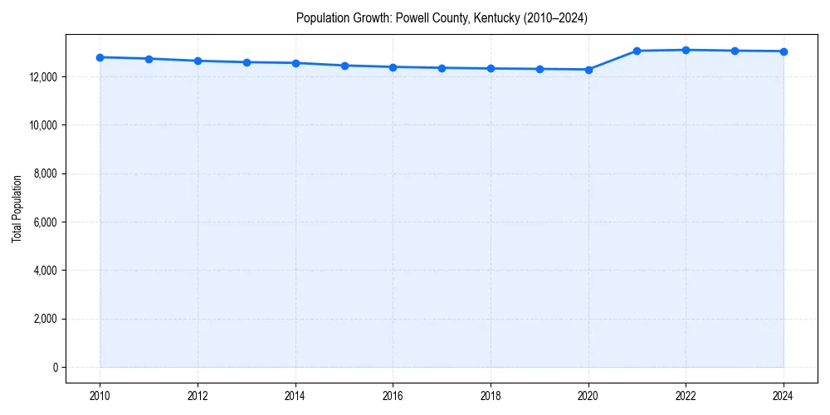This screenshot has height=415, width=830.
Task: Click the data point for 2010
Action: tap(100, 57)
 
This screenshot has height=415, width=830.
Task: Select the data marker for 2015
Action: tap(344, 66)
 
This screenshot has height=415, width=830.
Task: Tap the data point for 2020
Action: tap(588, 70)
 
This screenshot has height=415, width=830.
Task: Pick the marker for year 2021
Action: tap(637, 51)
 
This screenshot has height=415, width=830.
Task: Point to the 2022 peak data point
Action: tap(686, 50)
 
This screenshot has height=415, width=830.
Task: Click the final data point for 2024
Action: tap(784, 51)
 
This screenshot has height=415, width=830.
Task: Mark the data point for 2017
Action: tap(442, 68)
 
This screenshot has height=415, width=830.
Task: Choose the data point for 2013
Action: tap(247, 62)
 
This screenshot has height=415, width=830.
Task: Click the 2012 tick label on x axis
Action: tap(198, 396)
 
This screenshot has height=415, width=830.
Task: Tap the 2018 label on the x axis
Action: tap(491, 396)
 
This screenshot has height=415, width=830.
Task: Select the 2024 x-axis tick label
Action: tap(784, 396)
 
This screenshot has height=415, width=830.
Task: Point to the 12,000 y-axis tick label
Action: tap(42, 77)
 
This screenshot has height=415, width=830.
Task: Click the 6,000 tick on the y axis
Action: tap(45, 222)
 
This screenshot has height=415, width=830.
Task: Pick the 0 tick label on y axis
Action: tap(55, 368)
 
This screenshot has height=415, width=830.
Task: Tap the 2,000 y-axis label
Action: tap(45, 320)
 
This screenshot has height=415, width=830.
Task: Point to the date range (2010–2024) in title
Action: tap(553, 18)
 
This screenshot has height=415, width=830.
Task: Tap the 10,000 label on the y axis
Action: tap(42, 125)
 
